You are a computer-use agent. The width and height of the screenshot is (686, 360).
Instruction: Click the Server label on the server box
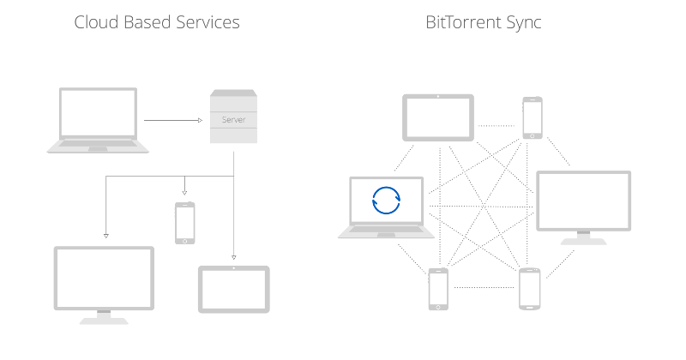(x=233, y=120)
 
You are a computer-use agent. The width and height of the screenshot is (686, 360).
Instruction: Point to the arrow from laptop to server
(x=171, y=121)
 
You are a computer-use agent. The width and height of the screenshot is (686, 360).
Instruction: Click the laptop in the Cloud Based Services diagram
(x=98, y=120)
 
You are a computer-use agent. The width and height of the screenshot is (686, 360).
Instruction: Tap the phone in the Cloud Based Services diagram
(x=184, y=223)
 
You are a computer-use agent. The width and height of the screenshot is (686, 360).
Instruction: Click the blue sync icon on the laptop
(x=385, y=200)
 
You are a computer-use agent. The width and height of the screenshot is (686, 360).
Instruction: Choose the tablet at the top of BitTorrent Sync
(x=438, y=118)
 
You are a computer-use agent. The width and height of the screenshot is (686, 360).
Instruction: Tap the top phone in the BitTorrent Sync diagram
(x=533, y=117)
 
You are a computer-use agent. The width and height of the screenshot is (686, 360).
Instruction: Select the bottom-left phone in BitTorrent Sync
(x=438, y=289)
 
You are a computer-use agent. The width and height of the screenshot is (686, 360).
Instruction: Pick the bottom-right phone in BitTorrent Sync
(x=529, y=289)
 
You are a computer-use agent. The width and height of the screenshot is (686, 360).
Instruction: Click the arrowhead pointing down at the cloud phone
(x=184, y=194)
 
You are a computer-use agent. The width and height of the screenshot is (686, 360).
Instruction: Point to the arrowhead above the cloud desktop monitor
(x=105, y=234)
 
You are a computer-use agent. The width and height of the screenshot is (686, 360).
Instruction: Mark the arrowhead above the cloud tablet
(x=233, y=255)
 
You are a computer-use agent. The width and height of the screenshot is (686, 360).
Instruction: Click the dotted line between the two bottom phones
(x=484, y=286)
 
